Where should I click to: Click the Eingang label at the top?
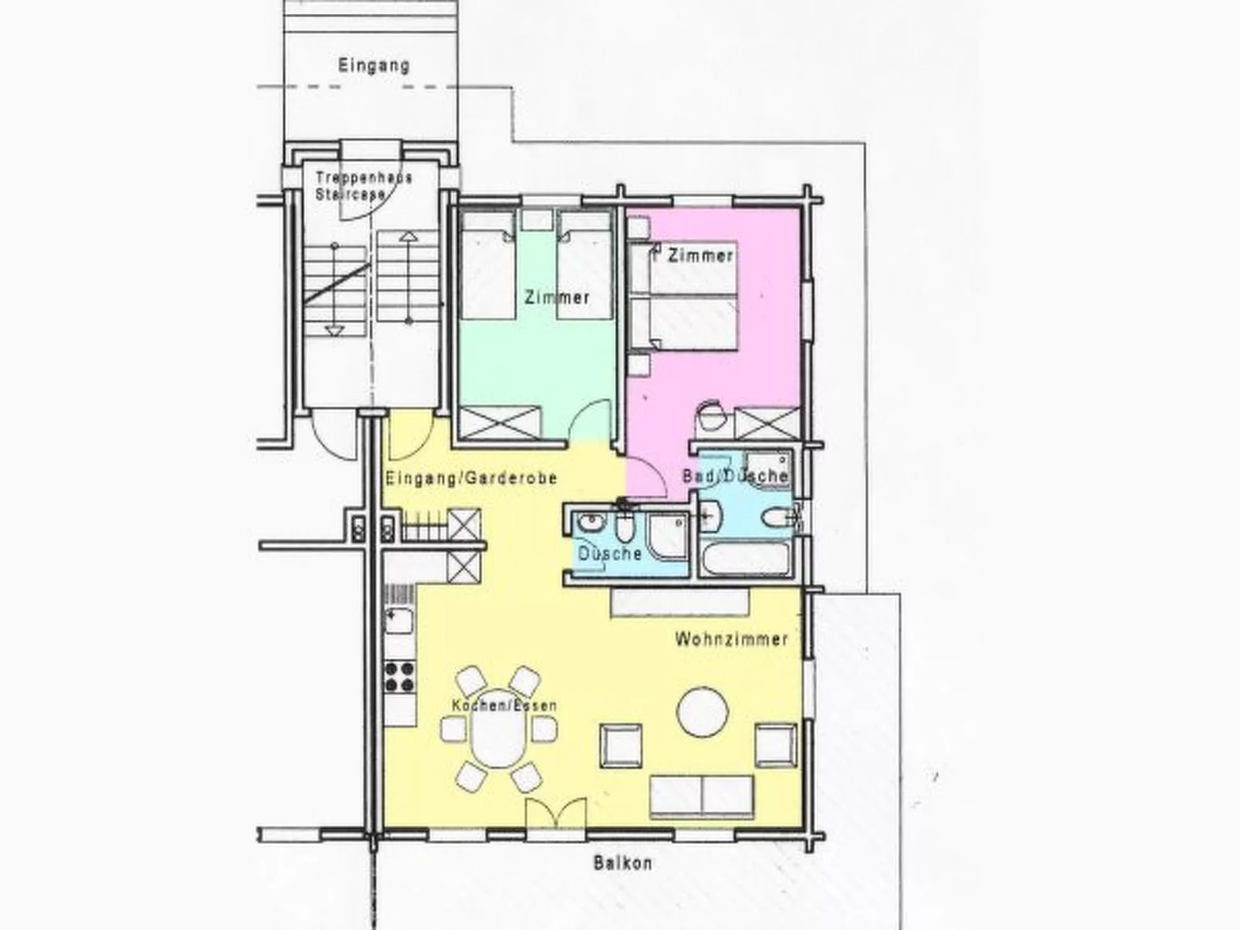point(374,66)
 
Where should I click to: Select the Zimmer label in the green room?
point(557,297)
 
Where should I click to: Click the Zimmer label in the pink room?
point(700,255)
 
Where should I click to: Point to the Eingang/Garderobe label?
point(471,479)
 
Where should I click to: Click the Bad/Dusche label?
point(734,476)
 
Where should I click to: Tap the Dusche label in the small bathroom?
point(609,553)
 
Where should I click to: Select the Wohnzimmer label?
point(730,639)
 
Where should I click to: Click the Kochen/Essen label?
point(503,705)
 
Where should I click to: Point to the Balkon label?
point(622,863)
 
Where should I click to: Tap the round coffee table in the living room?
point(703,712)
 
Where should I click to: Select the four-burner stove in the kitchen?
point(400,676)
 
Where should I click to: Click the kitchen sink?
point(399,620)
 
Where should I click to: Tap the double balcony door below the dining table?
point(554,815)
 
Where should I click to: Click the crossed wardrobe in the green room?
point(499,423)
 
